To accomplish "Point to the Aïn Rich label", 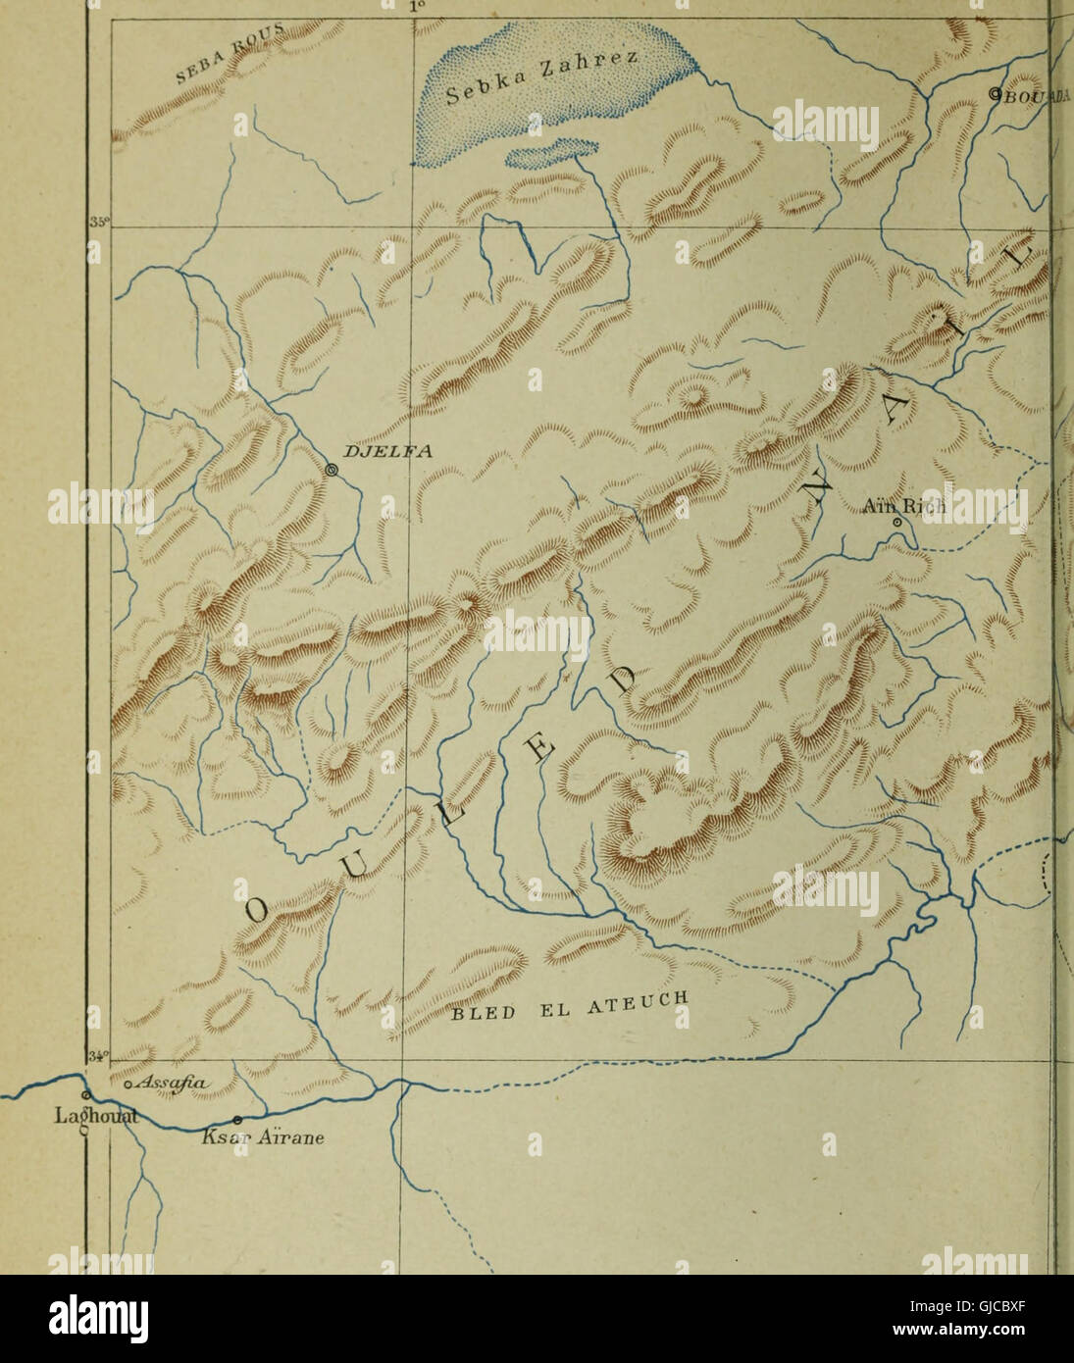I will [x=903, y=506].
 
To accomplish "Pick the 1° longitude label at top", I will [x=416, y=6].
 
